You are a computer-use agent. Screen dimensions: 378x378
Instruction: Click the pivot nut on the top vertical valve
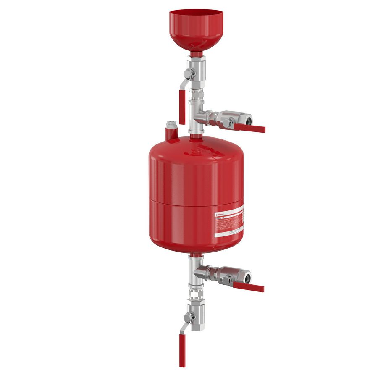point(189,72)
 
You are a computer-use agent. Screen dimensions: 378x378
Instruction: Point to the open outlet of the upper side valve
point(249,120)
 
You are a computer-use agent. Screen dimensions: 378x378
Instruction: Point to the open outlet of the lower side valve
point(248,277)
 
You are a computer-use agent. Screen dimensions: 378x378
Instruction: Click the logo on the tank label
point(218,214)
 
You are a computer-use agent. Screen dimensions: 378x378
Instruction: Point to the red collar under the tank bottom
point(196,255)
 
